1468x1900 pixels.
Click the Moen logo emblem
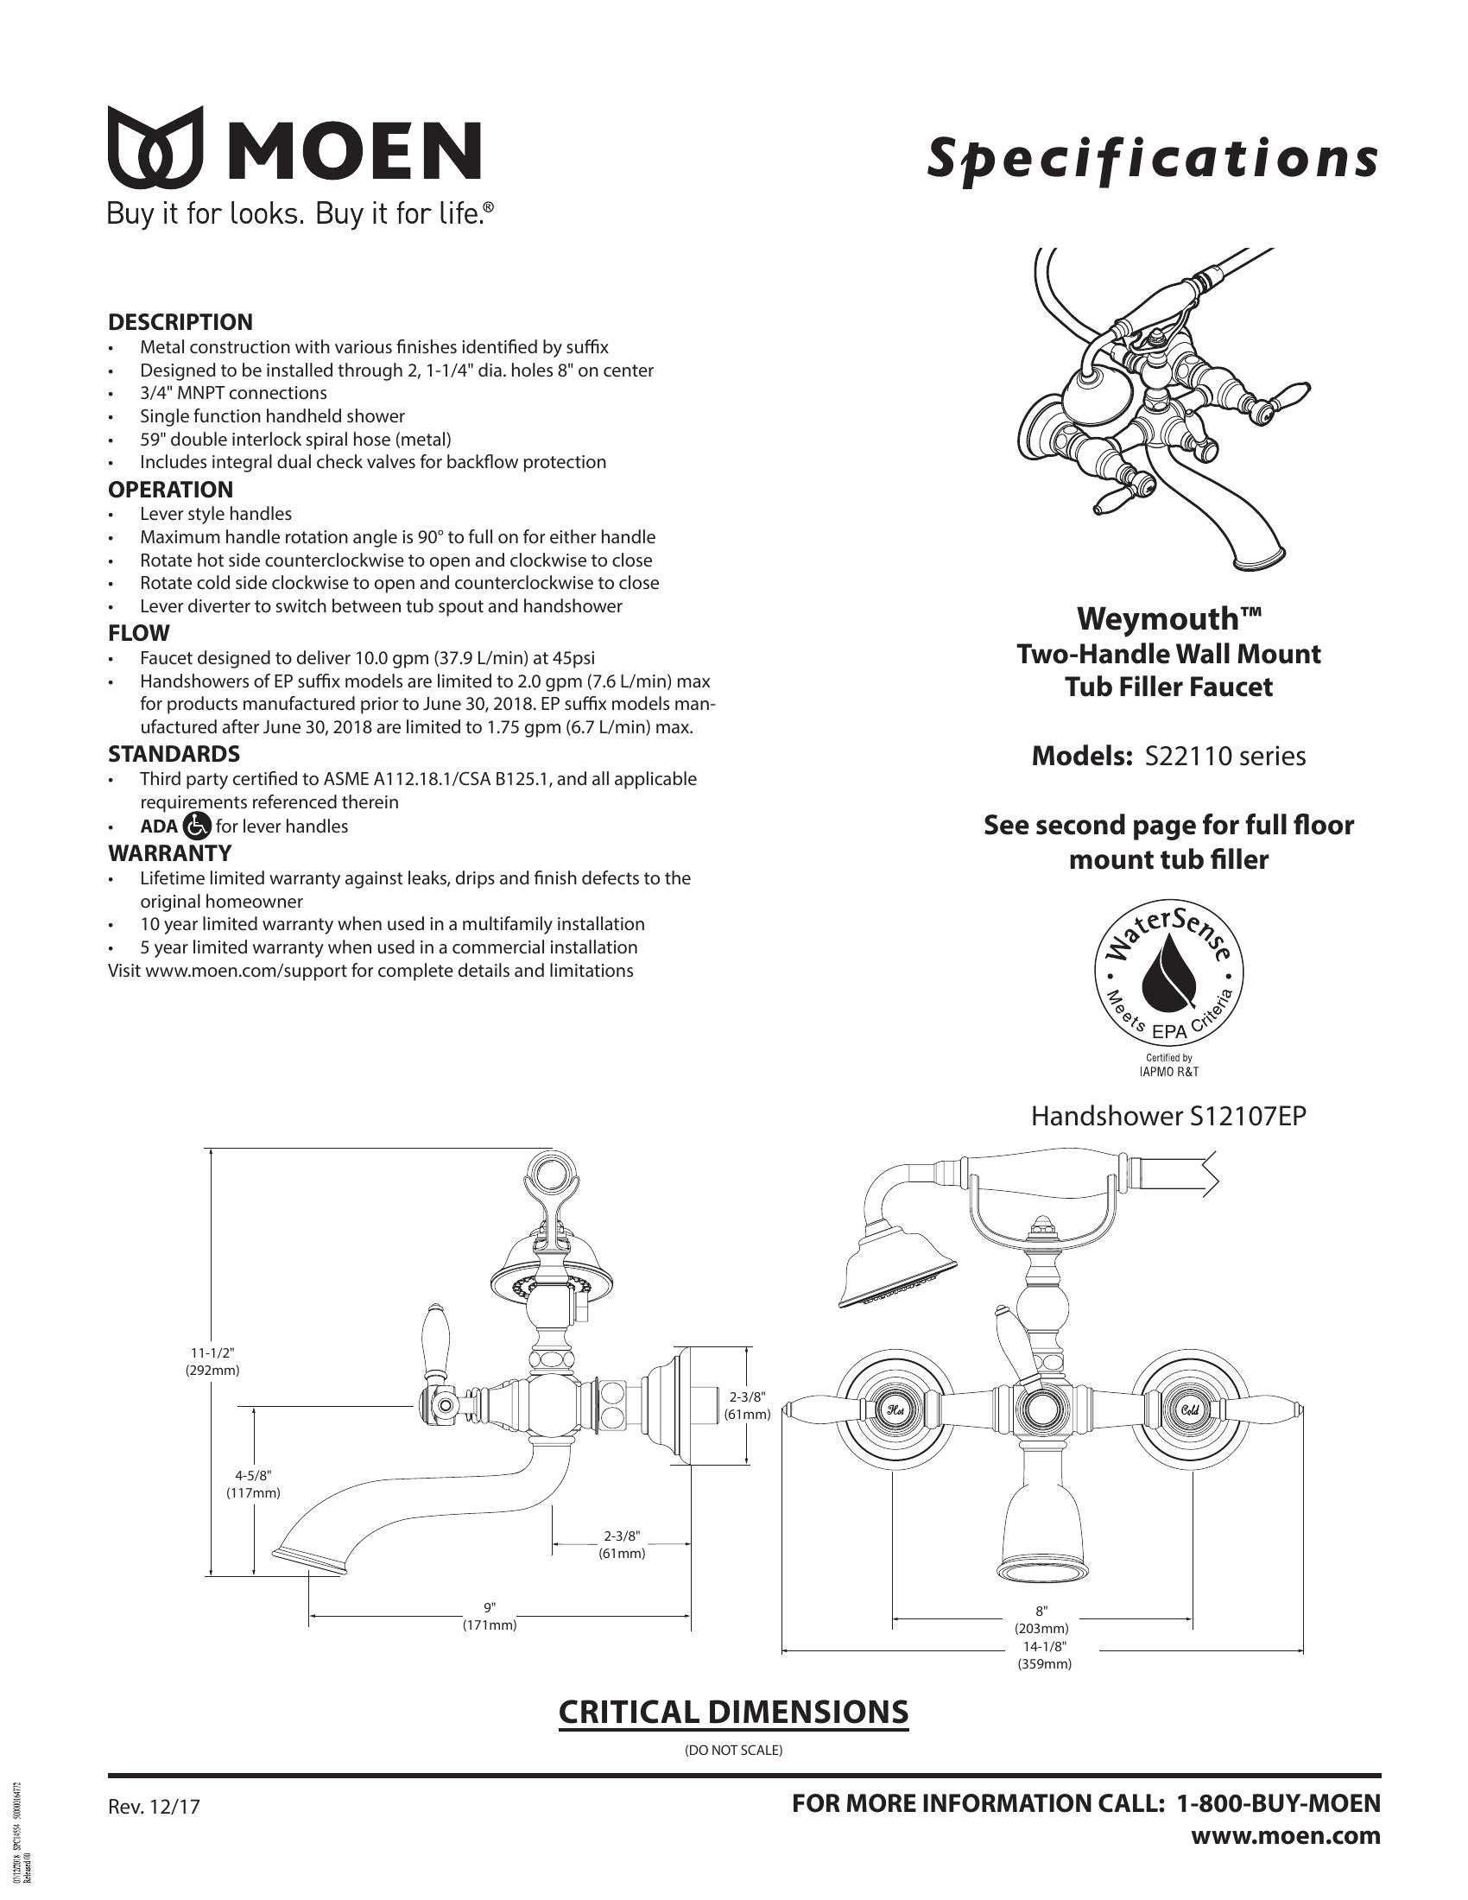pyautogui.click(x=155, y=148)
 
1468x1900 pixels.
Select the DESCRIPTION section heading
pyautogui.click(x=180, y=322)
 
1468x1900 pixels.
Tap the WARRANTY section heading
pyautogui.click(x=169, y=852)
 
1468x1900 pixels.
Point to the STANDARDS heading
pyautogui.click(x=174, y=753)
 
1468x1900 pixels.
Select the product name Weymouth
pyautogui.click(x=1168, y=618)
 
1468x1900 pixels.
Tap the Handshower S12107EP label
pyautogui.click(x=1168, y=1116)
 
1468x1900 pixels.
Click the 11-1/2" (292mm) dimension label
pyautogui.click(x=212, y=1360)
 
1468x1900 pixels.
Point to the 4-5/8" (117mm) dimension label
pyautogui.click(x=254, y=1483)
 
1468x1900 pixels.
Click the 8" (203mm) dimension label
pyautogui.click(x=1042, y=1619)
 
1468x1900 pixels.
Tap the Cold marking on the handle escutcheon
pyautogui.click(x=1192, y=1408)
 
